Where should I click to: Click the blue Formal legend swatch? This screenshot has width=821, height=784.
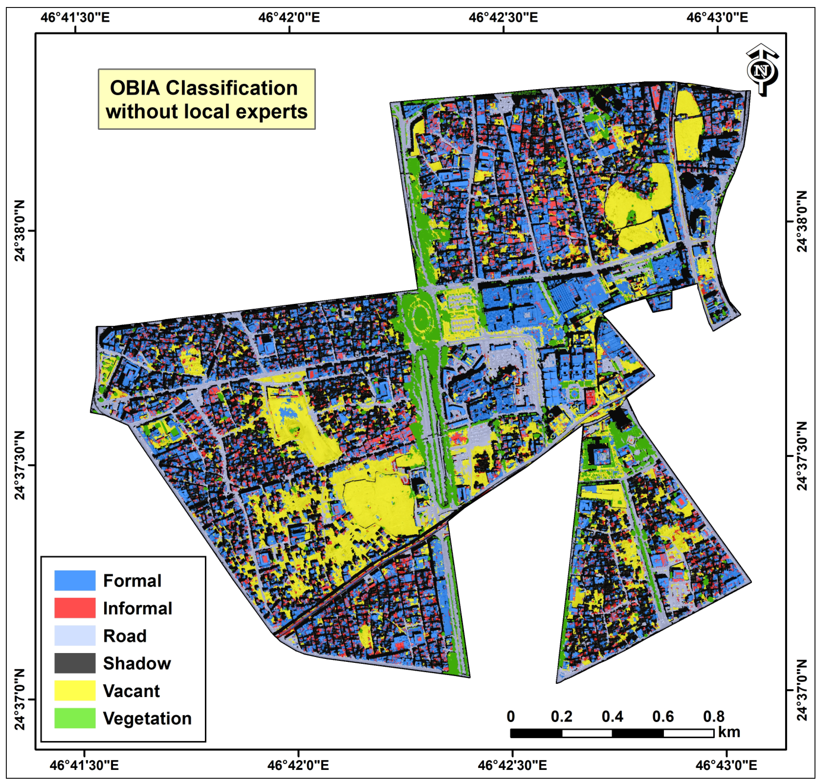[75, 581]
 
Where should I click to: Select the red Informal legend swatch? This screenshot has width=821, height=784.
[75, 608]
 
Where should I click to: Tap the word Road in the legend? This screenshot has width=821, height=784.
[125, 636]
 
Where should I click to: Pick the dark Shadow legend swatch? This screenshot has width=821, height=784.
[75, 663]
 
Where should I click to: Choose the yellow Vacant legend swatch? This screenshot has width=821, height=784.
[75, 691]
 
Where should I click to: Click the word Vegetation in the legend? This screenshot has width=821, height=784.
[147, 719]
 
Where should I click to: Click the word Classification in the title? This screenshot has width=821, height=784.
[232, 88]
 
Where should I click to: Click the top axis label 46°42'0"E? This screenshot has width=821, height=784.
[289, 18]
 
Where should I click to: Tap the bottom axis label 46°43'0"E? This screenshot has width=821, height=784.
[726, 765]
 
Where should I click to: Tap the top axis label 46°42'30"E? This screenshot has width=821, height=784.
[503, 18]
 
